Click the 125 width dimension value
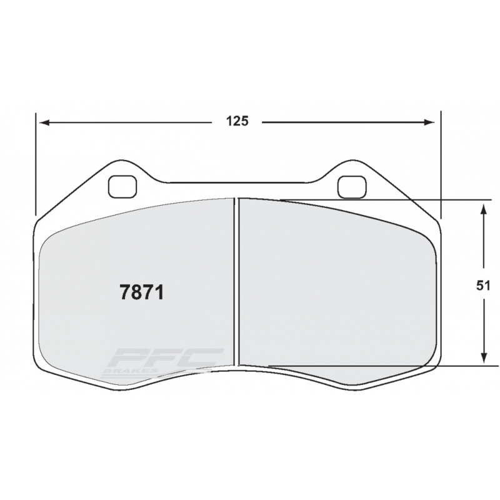(x=237, y=122)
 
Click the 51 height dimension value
(x=483, y=286)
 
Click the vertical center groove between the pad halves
(x=237, y=281)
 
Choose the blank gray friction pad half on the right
(x=337, y=287)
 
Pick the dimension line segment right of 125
(x=344, y=122)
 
